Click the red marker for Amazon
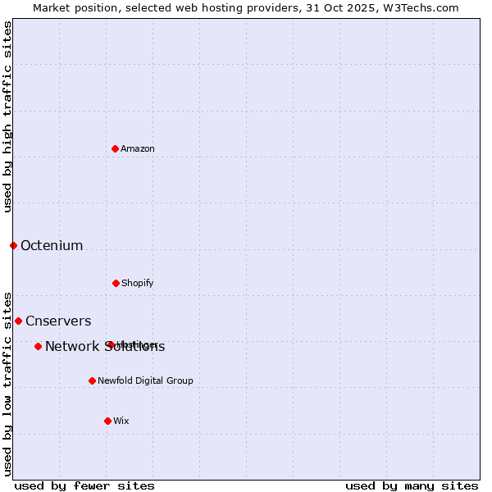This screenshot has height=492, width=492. click(x=116, y=148)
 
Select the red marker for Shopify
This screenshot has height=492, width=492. click(x=116, y=283)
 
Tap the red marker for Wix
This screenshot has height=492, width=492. click(x=107, y=421)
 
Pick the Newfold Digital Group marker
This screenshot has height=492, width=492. click(x=92, y=380)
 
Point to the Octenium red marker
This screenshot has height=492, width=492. click(x=13, y=245)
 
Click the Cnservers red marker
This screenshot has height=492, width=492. click(x=18, y=321)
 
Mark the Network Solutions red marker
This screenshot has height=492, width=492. click(x=38, y=346)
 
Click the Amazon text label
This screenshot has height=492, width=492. click(x=138, y=148)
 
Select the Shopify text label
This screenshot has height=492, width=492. click(x=138, y=283)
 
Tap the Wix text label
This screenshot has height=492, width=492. click(x=121, y=421)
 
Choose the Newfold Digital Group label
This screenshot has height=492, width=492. click(x=146, y=380)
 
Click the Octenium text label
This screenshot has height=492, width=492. click(x=52, y=245)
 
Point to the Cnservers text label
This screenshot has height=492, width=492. click(x=58, y=321)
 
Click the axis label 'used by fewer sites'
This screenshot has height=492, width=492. click(x=84, y=485)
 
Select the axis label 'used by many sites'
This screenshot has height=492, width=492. click(x=412, y=485)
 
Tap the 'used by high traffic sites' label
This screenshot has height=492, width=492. click(x=7, y=116)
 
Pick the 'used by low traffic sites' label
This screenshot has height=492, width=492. click(x=7, y=384)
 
